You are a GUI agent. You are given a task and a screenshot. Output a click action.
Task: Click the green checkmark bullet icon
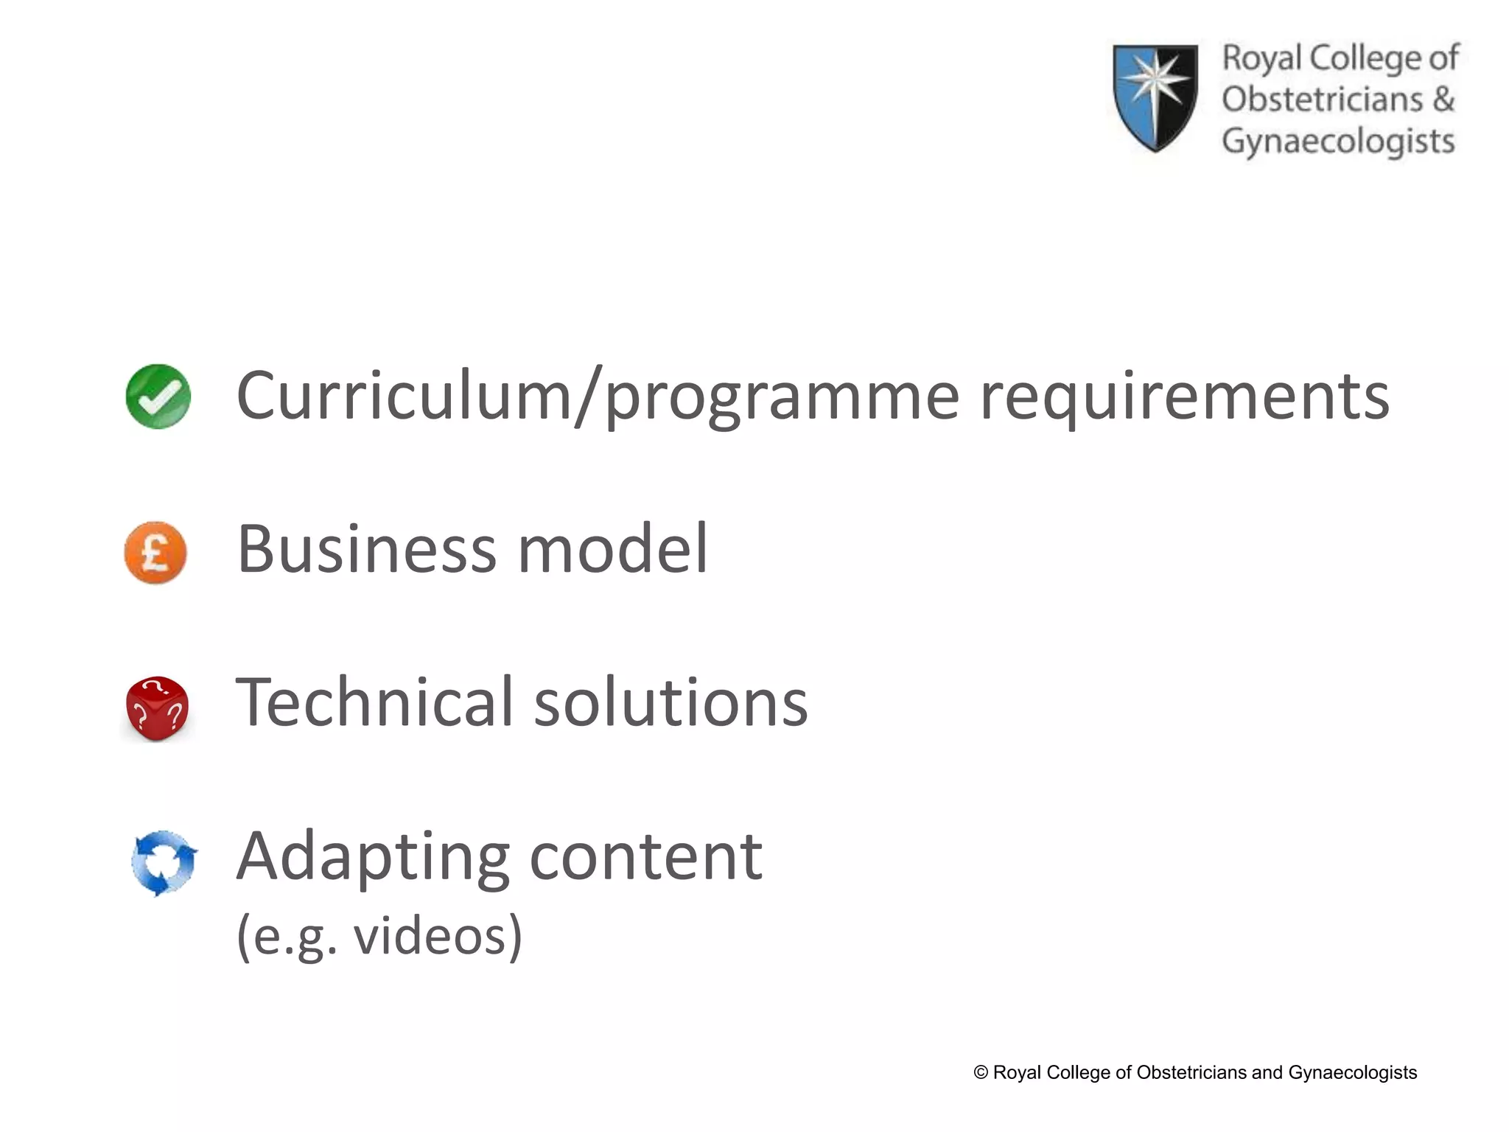[158, 396]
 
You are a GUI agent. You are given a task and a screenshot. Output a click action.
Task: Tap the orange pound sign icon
[155, 552]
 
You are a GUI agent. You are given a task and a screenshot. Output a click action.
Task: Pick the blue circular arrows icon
[164, 863]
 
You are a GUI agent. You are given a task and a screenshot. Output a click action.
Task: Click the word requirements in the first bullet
[1184, 398]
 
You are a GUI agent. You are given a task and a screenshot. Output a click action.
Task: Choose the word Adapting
[373, 859]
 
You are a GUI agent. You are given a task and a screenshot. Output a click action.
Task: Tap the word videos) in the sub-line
[438, 936]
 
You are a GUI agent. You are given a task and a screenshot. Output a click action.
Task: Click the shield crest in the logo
[1155, 97]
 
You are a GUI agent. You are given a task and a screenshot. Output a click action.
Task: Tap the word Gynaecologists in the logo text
[1338, 141]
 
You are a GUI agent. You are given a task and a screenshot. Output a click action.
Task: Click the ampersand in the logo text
[1443, 99]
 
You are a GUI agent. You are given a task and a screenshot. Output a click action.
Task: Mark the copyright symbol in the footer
[981, 1072]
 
